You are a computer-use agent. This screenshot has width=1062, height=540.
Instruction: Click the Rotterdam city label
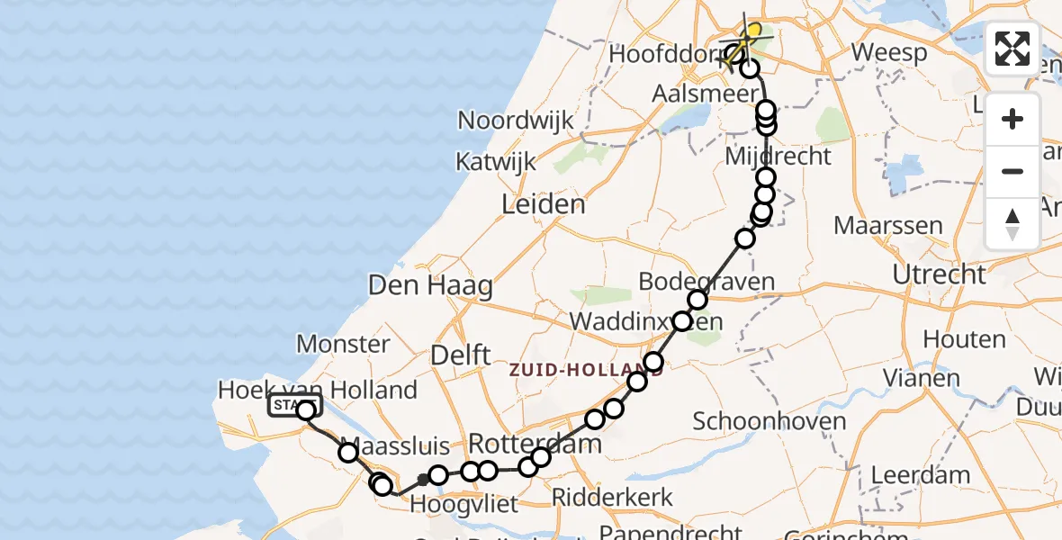click(x=535, y=443)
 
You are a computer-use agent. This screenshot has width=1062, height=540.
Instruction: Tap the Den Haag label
click(x=431, y=287)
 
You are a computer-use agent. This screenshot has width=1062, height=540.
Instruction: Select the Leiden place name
click(x=544, y=204)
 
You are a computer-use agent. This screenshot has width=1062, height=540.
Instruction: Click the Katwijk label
click(x=495, y=162)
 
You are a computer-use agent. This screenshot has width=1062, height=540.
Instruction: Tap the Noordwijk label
click(x=516, y=121)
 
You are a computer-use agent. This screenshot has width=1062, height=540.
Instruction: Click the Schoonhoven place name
click(x=769, y=421)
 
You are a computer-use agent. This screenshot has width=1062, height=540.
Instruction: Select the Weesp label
click(x=889, y=52)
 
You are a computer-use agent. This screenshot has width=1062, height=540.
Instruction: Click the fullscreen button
click(x=1012, y=49)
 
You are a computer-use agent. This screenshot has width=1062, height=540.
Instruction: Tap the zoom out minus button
click(x=1012, y=171)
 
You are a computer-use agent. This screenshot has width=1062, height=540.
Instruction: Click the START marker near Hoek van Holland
click(x=292, y=406)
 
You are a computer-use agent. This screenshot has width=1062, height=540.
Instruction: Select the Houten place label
click(x=963, y=340)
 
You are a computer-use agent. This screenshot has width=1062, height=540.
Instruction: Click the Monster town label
click(x=343, y=344)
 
